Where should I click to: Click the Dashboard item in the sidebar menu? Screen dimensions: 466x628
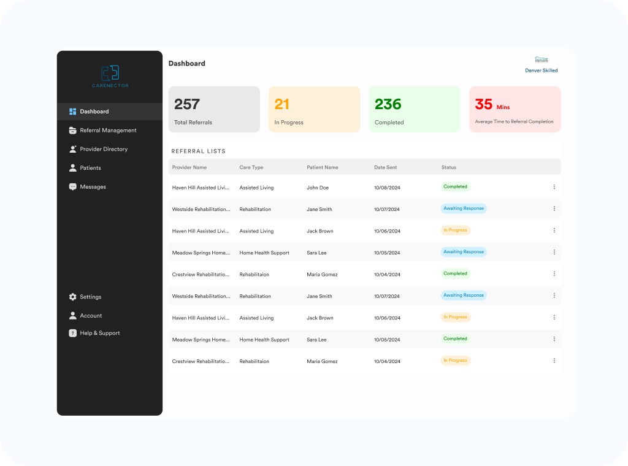point(94,112)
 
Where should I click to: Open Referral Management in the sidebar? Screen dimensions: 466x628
point(108,131)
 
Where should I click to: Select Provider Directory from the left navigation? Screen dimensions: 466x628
point(104,149)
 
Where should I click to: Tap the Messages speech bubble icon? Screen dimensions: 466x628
point(73,187)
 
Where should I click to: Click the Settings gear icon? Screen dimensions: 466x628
point(73,297)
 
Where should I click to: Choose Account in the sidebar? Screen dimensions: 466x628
point(91,316)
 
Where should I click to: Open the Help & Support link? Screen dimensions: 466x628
point(99,334)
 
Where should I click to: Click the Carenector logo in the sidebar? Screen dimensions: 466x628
point(110,76)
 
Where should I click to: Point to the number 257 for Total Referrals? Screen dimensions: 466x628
point(187,104)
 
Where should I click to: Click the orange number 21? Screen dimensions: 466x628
point(282,104)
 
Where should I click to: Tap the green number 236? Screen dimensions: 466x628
point(388,104)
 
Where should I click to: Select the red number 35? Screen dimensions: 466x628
point(484,104)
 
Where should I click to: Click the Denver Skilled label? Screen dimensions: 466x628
point(542,71)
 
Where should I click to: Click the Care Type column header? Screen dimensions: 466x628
point(251,167)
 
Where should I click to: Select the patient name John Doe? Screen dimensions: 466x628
point(318,188)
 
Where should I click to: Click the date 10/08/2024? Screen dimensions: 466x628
point(387,188)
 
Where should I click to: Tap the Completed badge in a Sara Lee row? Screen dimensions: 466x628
point(455,338)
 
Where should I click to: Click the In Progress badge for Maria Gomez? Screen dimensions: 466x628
point(456,361)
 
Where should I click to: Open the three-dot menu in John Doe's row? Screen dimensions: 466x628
point(554,187)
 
